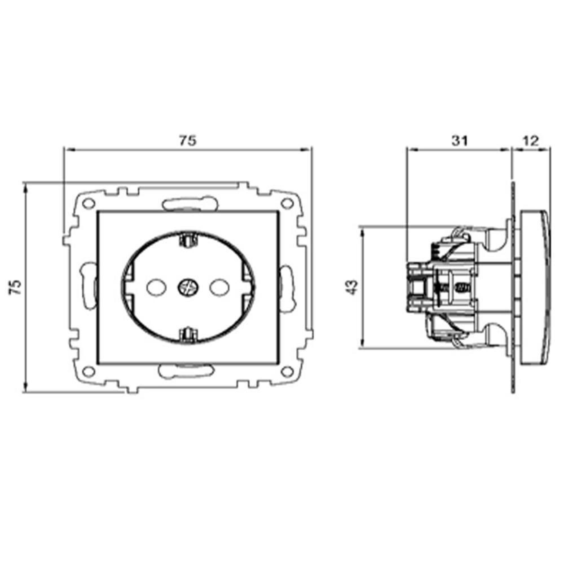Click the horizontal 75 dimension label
[188, 141]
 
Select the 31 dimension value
[460, 141]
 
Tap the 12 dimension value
[530, 141]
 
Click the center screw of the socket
[188, 287]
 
